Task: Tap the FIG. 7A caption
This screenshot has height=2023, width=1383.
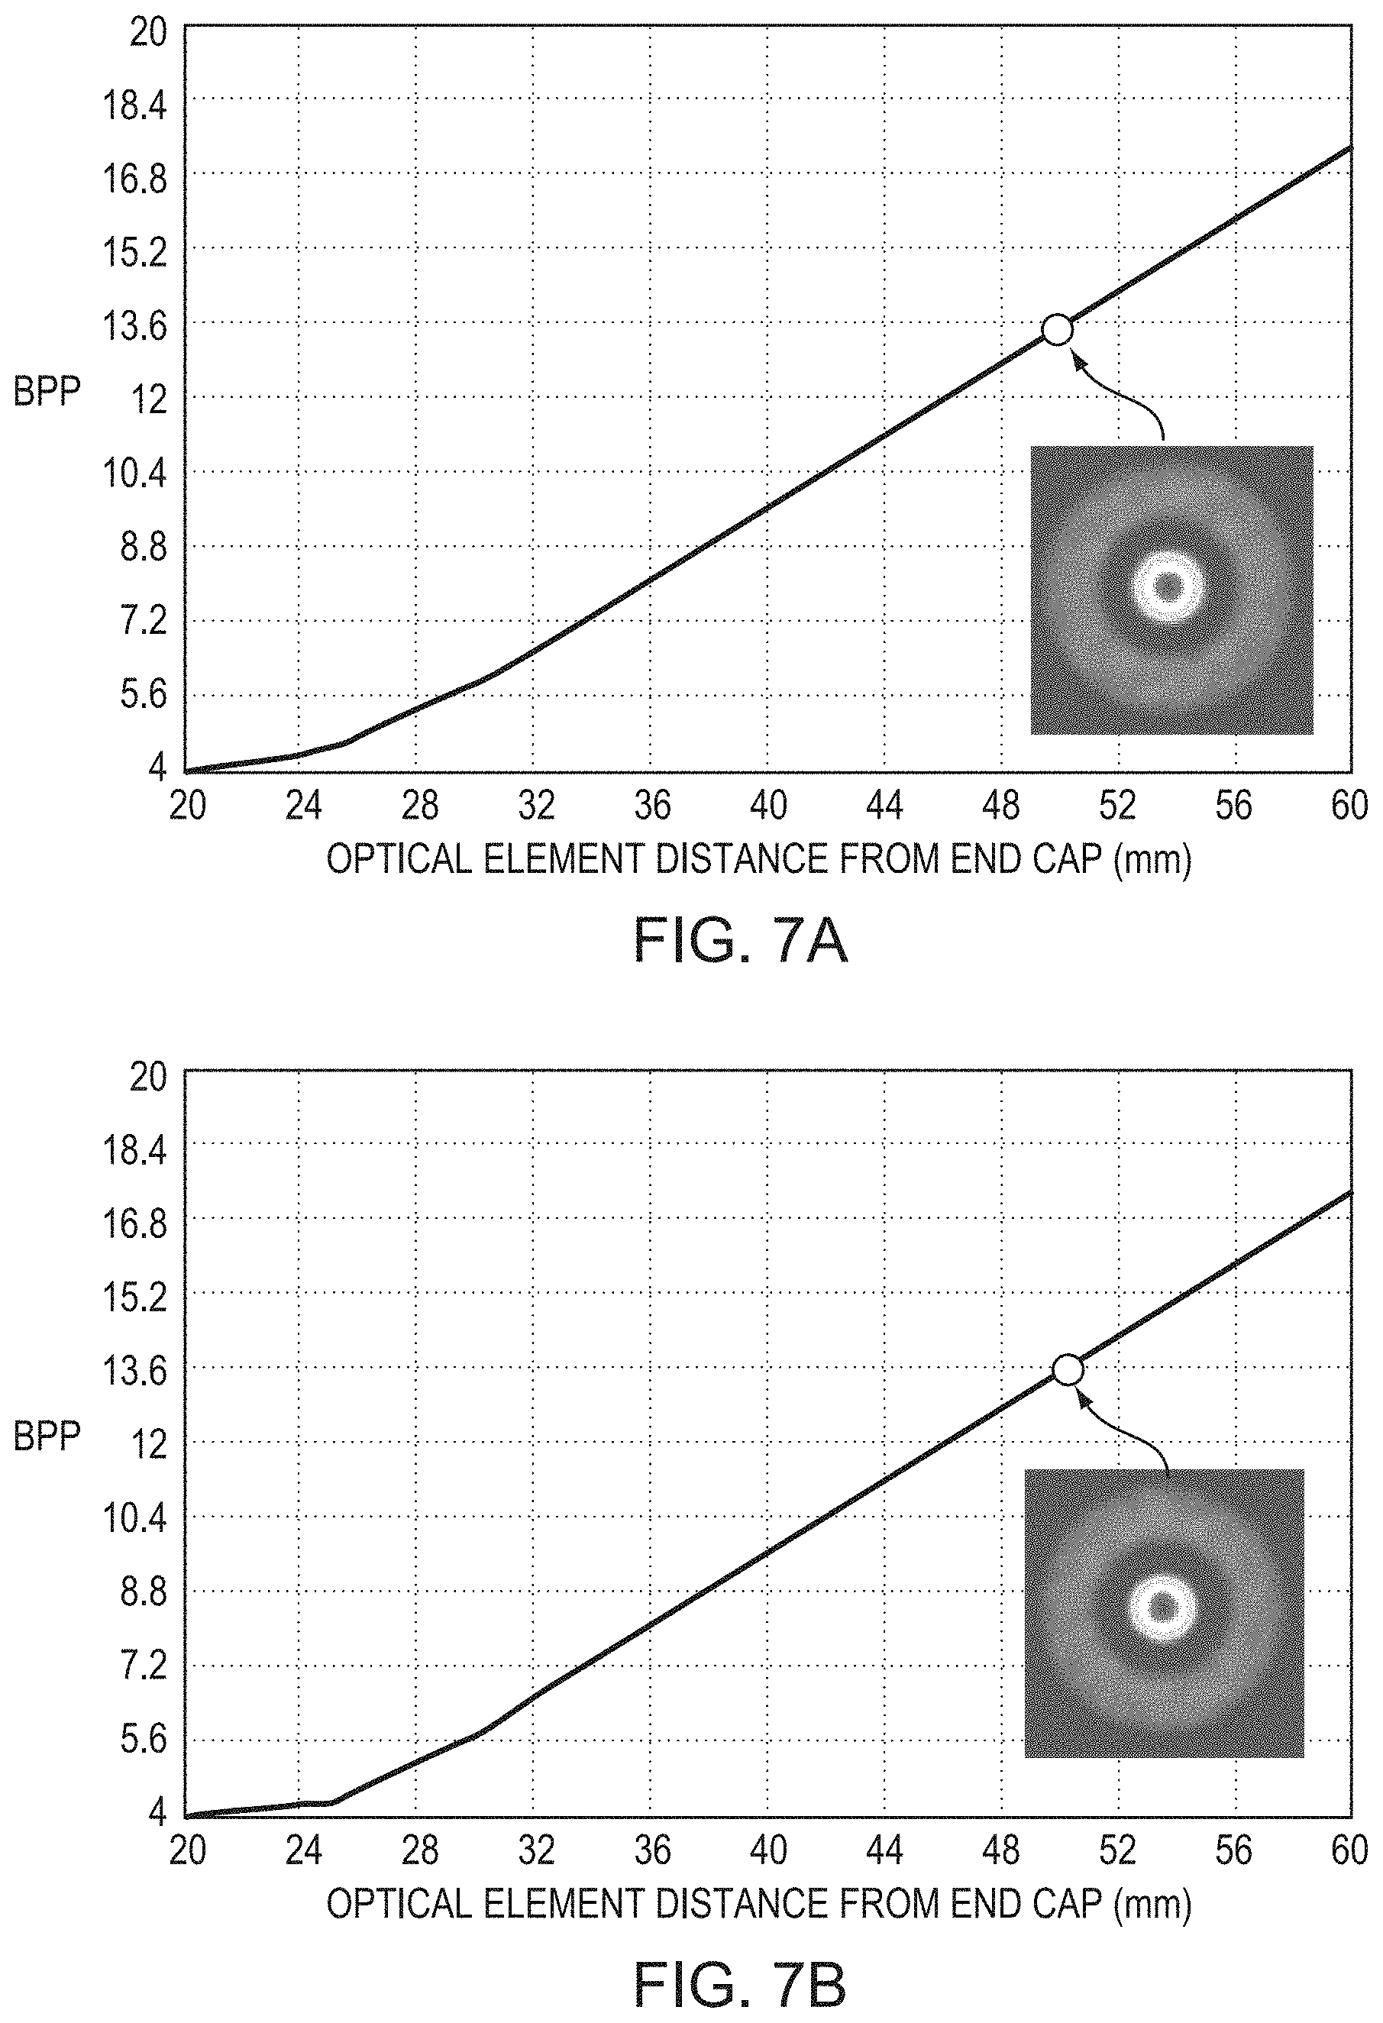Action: click(x=740, y=941)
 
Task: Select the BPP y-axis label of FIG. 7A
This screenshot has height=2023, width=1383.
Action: click(x=47, y=393)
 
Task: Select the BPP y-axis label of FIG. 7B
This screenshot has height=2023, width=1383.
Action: click(x=47, y=1436)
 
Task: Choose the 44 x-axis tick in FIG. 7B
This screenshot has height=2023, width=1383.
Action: click(x=884, y=1850)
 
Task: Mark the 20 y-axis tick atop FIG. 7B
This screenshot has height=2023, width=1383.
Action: click(x=148, y=1078)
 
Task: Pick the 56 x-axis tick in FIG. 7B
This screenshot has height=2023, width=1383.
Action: click(x=1233, y=1850)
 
